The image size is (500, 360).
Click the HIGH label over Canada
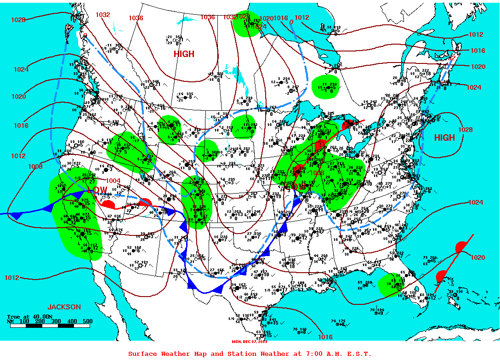click(x=184, y=54)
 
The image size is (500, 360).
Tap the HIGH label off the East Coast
click(x=444, y=137)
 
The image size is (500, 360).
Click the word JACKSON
click(x=64, y=307)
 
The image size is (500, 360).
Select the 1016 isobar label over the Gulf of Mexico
click(x=325, y=337)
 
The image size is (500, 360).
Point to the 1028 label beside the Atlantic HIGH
click(x=465, y=130)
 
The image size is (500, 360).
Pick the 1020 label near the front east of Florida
click(x=477, y=257)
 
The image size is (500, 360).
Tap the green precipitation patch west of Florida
click(x=390, y=285)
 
